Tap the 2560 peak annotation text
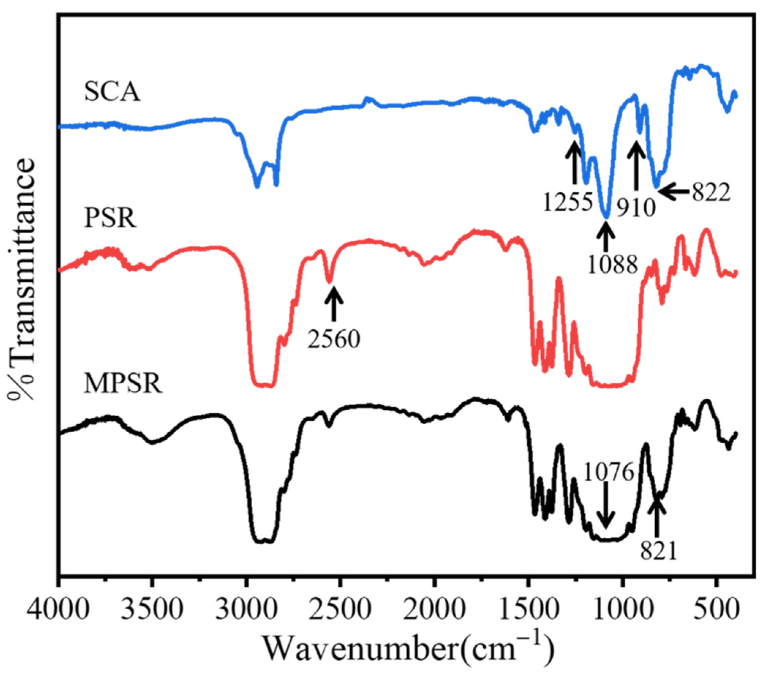click(333, 339)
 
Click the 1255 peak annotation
click(568, 203)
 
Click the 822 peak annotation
click(711, 193)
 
